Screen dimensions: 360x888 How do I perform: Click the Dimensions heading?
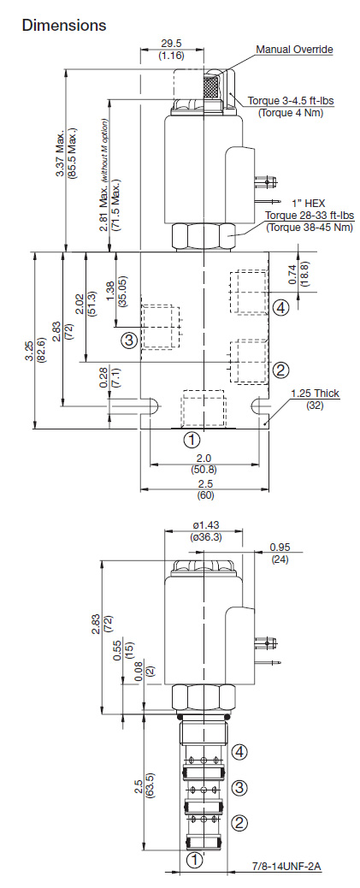click(x=63, y=25)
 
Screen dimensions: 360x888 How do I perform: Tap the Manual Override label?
click(x=294, y=50)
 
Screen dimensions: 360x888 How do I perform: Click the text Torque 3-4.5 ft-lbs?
click(x=291, y=101)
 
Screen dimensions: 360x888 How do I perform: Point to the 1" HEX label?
click(x=309, y=203)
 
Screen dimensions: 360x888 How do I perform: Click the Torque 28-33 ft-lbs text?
click(x=310, y=216)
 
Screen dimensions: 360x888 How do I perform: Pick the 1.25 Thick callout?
click(x=316, y=393)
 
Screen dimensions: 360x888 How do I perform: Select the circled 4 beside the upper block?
click(x=280, y=308)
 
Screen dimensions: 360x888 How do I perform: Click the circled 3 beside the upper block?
click(x=130, y=340)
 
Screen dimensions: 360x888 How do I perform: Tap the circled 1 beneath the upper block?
click(x=192, y=440)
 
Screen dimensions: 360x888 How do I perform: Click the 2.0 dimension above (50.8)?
click(x=204, y=458)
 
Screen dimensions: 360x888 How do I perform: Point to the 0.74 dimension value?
click(x=292, y=275)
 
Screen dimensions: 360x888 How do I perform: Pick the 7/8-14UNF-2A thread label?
click(x=286, y=867)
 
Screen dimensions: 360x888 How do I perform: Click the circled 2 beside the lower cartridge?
click(x=240, y=822)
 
